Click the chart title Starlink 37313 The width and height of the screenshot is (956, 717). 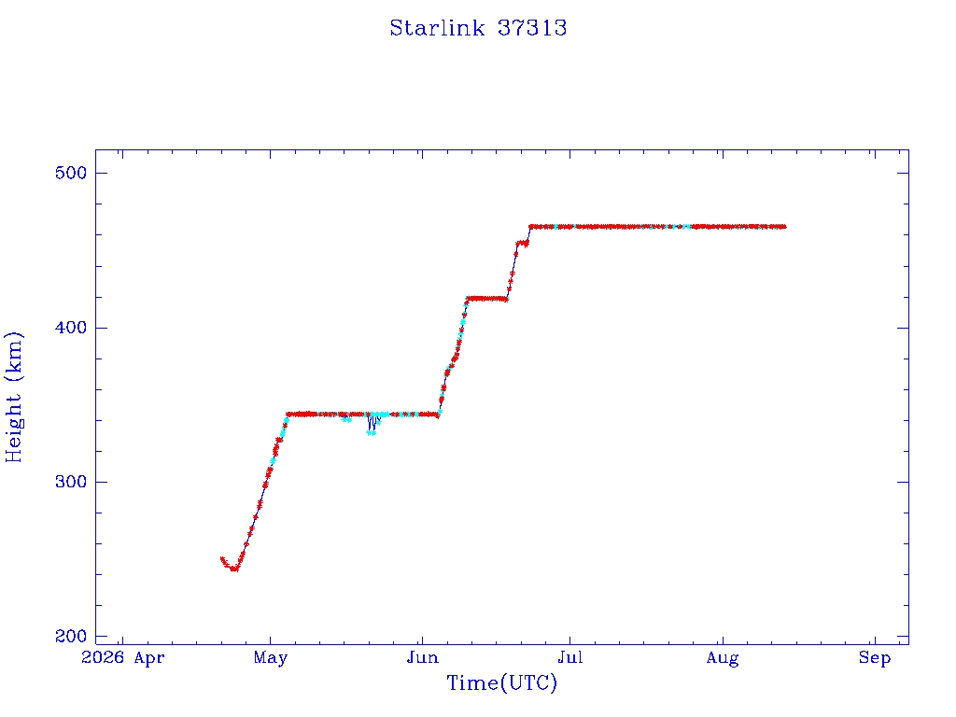click(478, 28)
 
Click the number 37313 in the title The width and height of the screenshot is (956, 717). click(532, 28)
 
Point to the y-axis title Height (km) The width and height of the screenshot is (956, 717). click(13, 397)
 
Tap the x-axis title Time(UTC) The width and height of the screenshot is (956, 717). click(501, 682)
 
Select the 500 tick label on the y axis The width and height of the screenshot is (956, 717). click(71, 173)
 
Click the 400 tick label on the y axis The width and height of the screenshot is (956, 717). click(71, 328)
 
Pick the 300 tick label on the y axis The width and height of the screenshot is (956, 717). click(71, 483)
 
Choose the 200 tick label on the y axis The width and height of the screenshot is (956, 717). click(71, 637)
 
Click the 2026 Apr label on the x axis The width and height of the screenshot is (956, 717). click(122, 658)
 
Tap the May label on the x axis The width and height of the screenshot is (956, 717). click(270, 658)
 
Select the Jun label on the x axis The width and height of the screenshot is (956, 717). click(422, 658)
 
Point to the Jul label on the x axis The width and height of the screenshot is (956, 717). click(570, 658)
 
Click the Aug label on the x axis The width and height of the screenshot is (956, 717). click(723, 658)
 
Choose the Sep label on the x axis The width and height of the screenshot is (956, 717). click(875, 658)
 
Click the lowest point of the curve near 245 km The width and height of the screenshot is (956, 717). click(234, 569)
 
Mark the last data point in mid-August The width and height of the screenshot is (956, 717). click(783, 227)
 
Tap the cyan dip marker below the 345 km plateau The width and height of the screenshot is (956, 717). click(372, 433)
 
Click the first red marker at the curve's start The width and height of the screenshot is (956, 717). click(222, 559)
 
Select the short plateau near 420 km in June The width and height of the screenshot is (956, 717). click(486, 299)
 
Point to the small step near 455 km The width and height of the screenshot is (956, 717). click(522, 244)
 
